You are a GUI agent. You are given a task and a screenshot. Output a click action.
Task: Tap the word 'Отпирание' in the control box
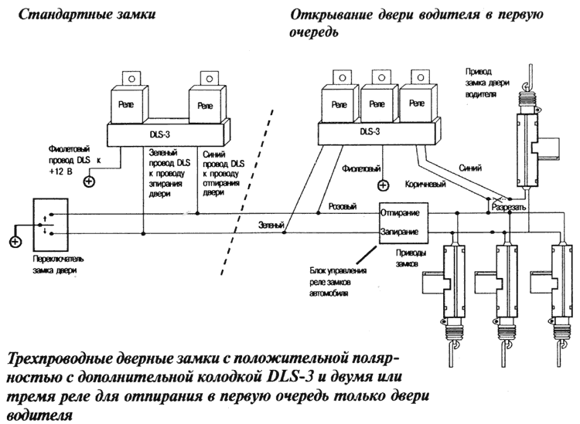tap(400, 212)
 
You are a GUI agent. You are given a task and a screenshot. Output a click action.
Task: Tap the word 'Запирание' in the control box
tap(400, 231)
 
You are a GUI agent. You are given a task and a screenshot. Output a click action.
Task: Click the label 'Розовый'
tap(343, 207)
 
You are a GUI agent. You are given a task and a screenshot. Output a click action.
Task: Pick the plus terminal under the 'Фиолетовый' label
tap(382, 185)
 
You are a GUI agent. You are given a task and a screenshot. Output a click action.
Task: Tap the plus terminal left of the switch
tap(14, 243)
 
